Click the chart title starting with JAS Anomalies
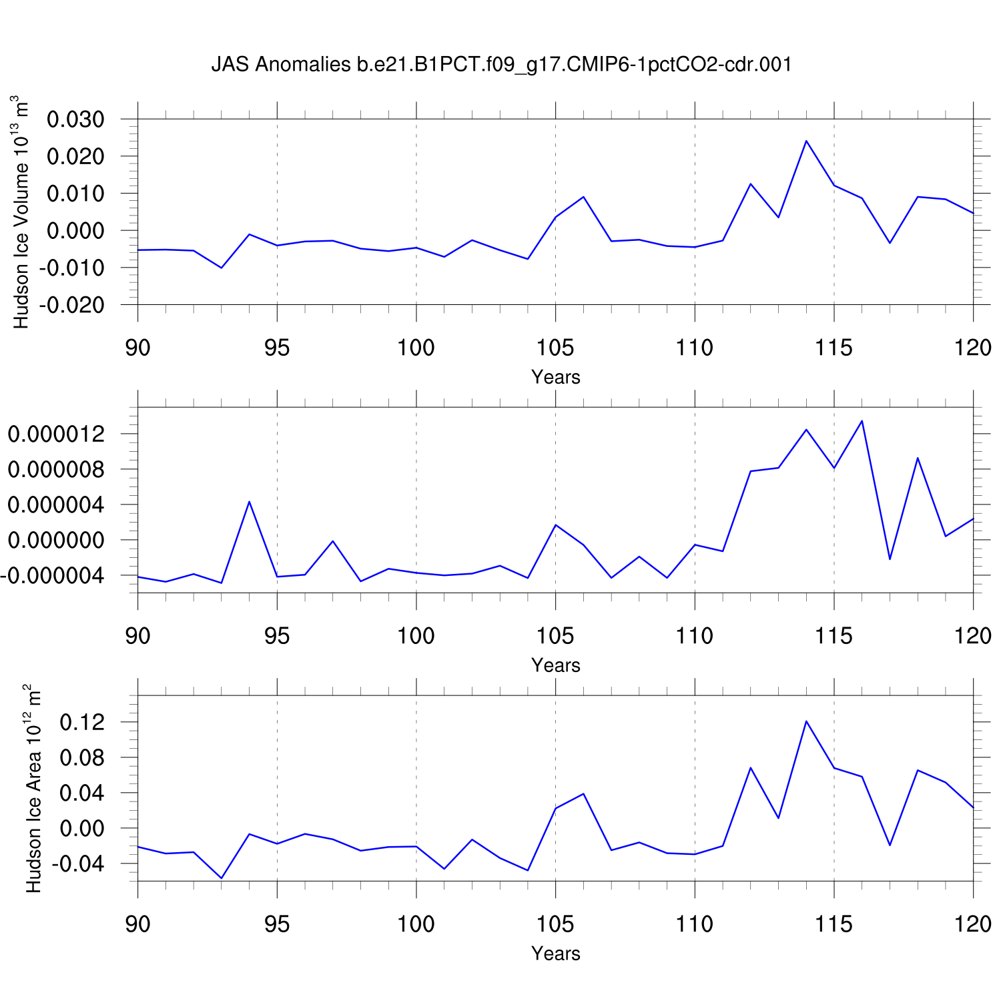tap(501, 65)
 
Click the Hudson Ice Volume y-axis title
tap(21, 212)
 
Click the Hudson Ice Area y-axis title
tap(33, 788)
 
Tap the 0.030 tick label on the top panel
tap(75, 120)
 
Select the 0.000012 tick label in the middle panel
tap(56, 434)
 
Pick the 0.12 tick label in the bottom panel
tap(82, 722)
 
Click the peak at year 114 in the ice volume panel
tap(806, 141)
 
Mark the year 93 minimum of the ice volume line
tap(222, 268)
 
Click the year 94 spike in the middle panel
tap(249, 501)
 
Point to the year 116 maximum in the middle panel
tap(862, 420)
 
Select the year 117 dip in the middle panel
tap(890, 559)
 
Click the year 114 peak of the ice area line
tap(806, 721)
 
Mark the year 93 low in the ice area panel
tap(222, 878)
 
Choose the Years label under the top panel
tap(555, 377)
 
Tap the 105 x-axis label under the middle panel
tap(555, 636)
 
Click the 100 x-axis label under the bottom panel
tap(416, 924)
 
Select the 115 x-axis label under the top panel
tap(833, 348)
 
